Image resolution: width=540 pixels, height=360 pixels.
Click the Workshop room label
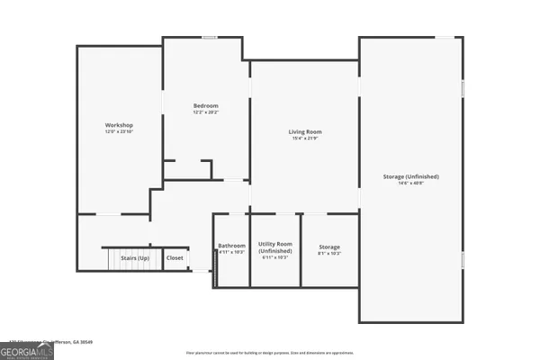[119, 124]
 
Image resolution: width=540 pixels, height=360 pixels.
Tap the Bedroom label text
[206, 107]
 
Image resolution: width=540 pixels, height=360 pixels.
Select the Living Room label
[305, 132]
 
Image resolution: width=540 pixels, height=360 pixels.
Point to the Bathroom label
[231, 246]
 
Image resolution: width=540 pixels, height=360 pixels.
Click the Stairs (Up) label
[135, 258]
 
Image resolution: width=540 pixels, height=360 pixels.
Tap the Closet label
[175, 258]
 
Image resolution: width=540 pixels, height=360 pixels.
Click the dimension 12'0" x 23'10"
[119, 131]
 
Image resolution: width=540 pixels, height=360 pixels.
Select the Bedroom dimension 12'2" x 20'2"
[206, 113]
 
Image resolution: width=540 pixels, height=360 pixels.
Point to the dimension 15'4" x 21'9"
[305, 139]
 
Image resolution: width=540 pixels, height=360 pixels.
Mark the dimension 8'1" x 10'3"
[330, 253]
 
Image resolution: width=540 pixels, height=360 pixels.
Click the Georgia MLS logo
[27, 350]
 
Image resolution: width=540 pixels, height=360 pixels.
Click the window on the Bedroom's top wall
[209, 38]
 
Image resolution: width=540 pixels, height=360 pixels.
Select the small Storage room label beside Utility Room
[330, 246]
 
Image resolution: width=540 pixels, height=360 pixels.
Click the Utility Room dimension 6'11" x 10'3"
[274, 257]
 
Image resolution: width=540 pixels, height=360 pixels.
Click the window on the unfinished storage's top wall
[445, 38]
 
